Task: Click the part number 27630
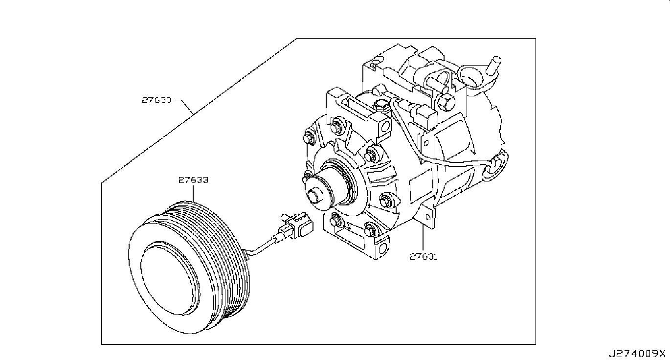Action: [156, 101]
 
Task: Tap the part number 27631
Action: [424, 255]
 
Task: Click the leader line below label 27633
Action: [193, 193]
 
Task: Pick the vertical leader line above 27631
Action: [424, 237]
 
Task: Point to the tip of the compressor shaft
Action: [314, 197]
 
